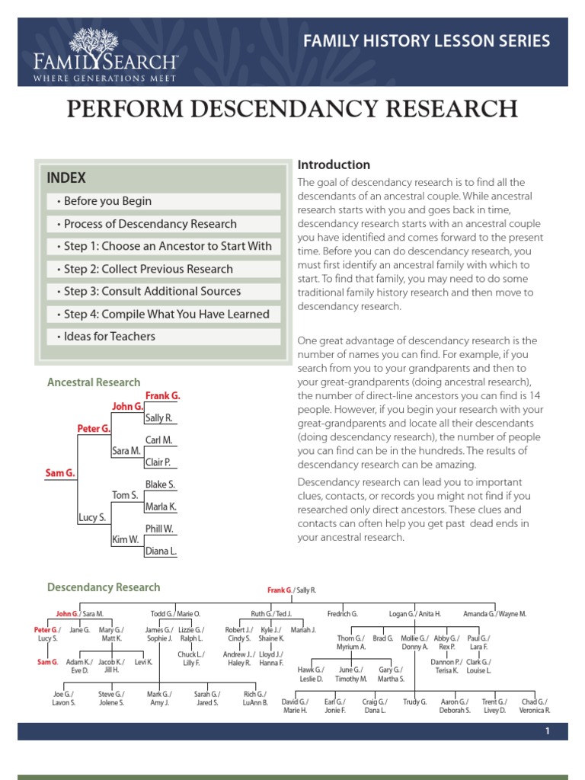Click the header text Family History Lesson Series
pos(427,41)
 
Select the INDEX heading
pos(66,178)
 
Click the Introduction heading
pos(334,165)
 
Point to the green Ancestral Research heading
pos(94,382)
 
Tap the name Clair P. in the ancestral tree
pos(158,462)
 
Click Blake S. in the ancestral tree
pos(160,484)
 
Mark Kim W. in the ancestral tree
pos(124,539)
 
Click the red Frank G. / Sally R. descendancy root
pos(291,590)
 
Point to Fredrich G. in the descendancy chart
pos(342,613)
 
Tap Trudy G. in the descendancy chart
pos(414,701)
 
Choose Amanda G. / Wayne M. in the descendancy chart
pos(494,613)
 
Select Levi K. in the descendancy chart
pos(143,662)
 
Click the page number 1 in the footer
pos(547,731)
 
